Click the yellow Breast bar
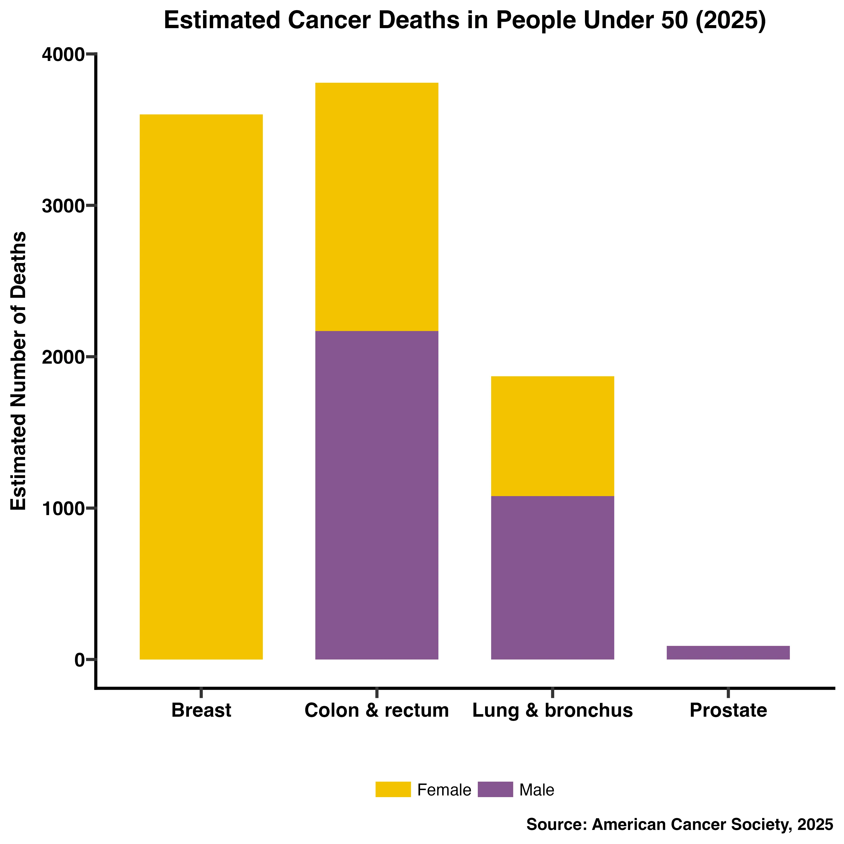click(201, 387)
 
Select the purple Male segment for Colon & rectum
click(377, 495)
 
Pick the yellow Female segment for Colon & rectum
click(377, 207)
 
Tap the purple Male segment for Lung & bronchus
click(553, 577)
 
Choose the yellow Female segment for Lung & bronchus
click(553, 436)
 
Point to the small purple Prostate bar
click(728, 652)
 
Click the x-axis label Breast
click(201, 710)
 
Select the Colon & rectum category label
click(377, 710)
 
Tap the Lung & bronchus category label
click(553, 710)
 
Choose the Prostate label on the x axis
click(728, 710)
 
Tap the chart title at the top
click(465, 21)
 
